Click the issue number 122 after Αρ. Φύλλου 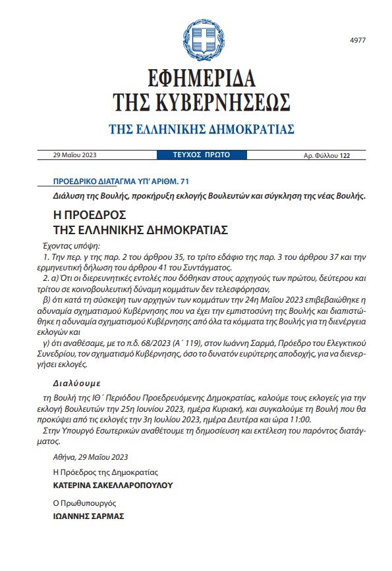tap(345, 156)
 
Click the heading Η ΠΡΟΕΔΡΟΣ tap(88, 215)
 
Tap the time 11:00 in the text tap(298, 419)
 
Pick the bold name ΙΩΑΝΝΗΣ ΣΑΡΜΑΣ tap(88, 516)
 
